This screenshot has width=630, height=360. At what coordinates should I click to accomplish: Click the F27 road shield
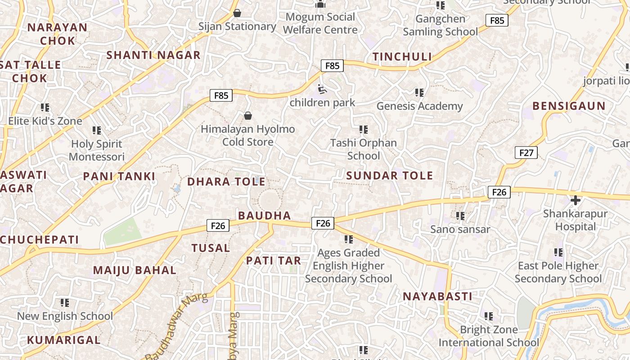[x=526, y=153]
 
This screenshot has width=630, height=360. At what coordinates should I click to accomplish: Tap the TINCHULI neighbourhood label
[x=402, y=57]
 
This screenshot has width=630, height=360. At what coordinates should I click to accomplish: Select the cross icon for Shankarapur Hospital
[x=575, y=200]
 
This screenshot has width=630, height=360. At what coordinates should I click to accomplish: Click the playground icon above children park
[x=322, y=90]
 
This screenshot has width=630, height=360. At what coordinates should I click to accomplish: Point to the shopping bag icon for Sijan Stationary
[x=237, y=13]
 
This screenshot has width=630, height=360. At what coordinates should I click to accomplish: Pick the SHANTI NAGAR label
[x=153, y=55]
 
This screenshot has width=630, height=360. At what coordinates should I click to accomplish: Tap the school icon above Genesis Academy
[x=419, y=93]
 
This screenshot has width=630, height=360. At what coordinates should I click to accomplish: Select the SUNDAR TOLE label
[x=390, y=175]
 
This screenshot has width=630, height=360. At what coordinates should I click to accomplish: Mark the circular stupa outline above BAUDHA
[x=269, y=199]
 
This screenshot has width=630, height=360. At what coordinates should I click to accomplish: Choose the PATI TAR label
[x=274, y=261]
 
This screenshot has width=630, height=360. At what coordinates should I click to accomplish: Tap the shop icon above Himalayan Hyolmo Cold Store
[x=247, y=116]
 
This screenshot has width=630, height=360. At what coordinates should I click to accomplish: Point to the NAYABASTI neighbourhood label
[x=437, y=297]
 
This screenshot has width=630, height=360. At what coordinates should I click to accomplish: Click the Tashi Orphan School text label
[x=364, y=149]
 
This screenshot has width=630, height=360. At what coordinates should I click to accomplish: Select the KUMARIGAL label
[x=63, y=340]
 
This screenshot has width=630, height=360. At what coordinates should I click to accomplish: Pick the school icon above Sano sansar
[x=460, y=216]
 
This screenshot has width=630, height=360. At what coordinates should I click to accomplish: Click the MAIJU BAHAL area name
[x=135, y=270]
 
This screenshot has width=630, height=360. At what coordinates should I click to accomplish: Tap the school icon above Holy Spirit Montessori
[x=97, y=130]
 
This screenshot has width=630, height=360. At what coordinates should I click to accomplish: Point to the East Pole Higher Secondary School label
[x=558, y=272]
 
